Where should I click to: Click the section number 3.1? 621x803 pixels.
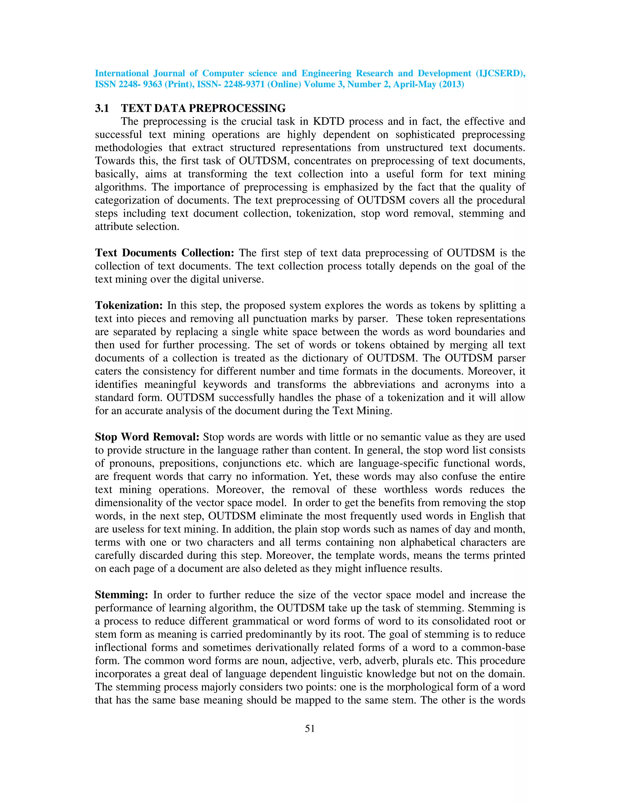pyautogui.click(x=102, y=108)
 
